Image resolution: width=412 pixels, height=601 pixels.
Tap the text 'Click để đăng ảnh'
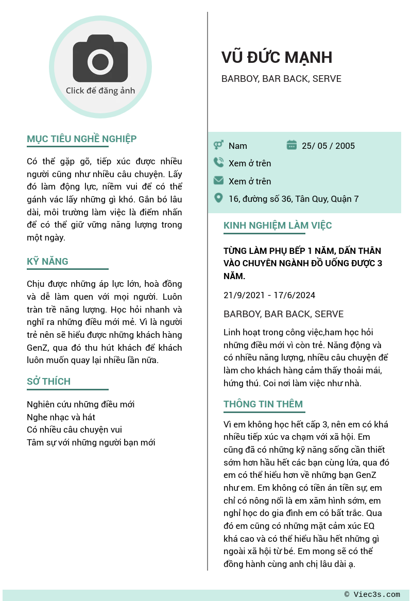100,91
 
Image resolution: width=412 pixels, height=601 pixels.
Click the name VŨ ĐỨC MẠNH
277,57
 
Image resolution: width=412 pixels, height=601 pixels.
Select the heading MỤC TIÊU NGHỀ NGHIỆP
81,139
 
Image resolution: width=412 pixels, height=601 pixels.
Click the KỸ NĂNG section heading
47,262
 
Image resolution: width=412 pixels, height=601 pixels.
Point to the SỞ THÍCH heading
48,382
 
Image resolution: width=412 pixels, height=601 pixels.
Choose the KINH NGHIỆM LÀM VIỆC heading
278,226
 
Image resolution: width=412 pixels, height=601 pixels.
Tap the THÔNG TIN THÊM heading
263,404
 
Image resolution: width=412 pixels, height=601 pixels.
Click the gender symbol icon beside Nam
218,145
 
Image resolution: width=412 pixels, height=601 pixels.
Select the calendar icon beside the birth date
291,145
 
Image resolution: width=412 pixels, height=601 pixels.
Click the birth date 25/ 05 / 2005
328,146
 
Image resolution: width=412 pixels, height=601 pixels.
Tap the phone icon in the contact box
218,163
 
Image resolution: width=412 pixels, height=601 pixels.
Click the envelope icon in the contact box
218,181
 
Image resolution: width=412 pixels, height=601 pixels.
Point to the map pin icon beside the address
218,198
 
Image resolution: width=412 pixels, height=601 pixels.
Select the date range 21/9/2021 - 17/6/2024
269,295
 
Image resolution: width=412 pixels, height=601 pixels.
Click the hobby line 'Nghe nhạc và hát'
61,417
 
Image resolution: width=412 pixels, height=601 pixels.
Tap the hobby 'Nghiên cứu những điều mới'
80,405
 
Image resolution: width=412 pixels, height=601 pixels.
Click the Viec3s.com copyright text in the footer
372,595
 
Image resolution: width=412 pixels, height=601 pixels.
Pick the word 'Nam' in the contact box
238,146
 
